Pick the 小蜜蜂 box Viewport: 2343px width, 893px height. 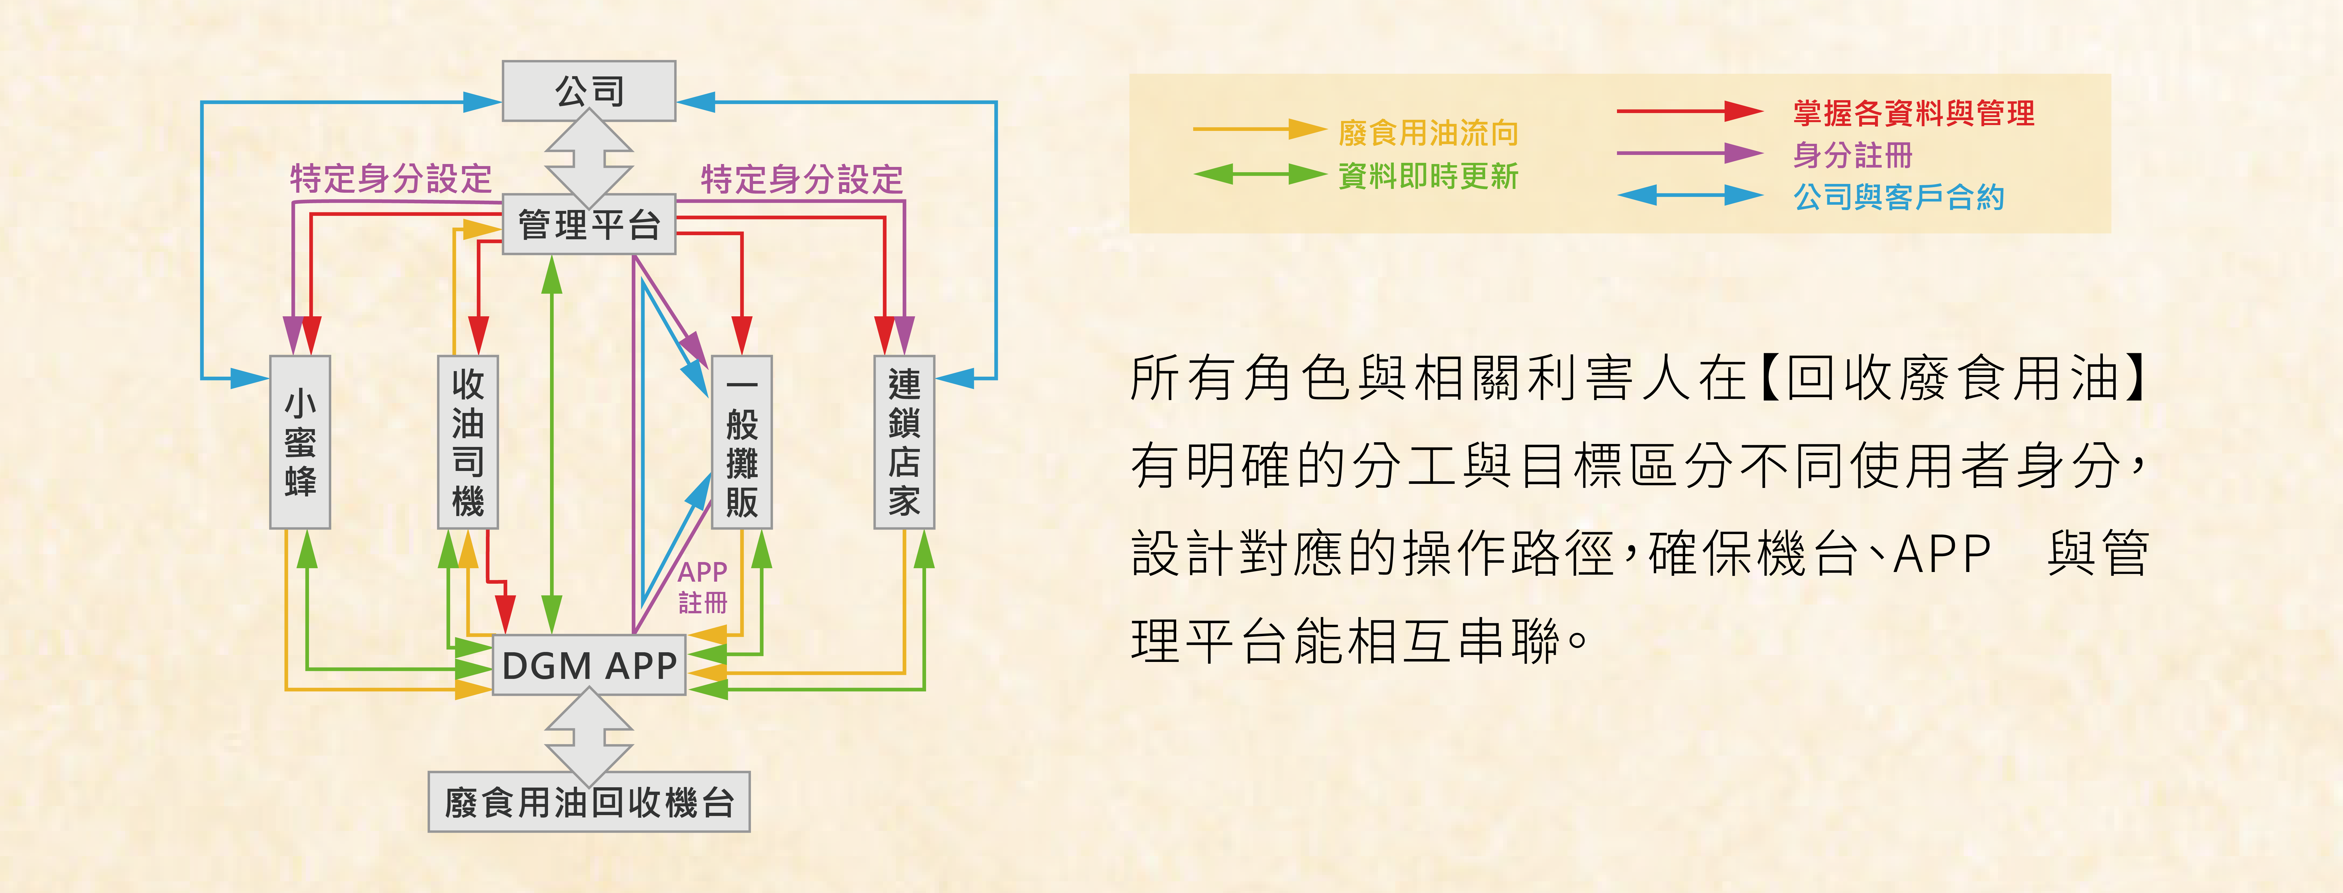click(x=300, y=442)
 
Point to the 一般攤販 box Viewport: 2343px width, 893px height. click(x=741, y=442)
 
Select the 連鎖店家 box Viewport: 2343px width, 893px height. click(x=904, y=442)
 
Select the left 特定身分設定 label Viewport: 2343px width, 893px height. click(x=391, y=178)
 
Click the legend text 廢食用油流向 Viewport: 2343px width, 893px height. click(x=1428, y=133)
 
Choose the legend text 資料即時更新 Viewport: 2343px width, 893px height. click(x=1428, y=175)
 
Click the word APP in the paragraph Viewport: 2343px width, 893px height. click(x=1942, y=553)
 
